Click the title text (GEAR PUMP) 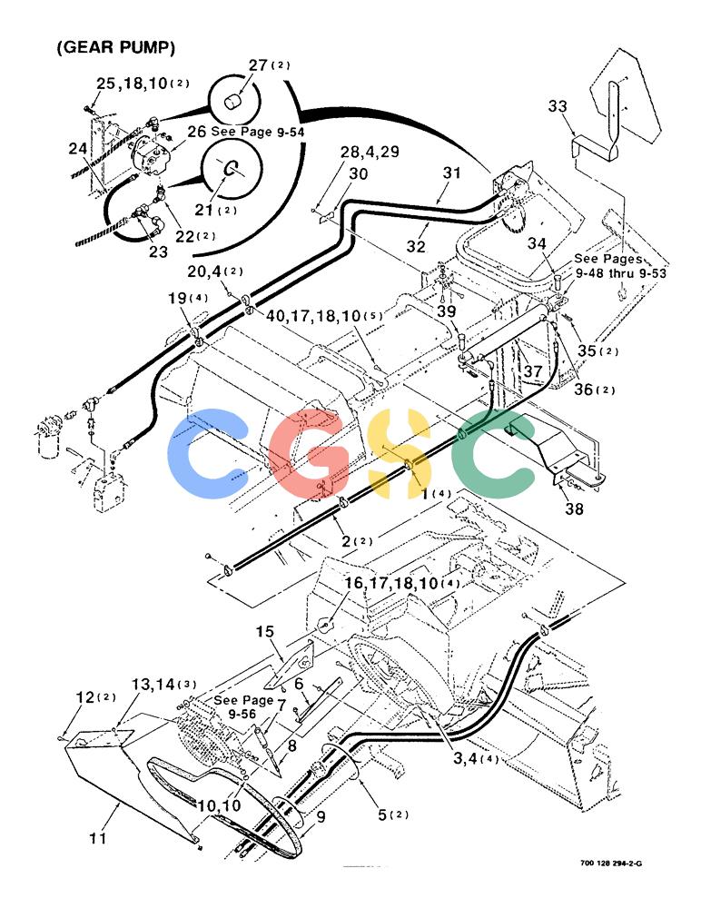[x=116, y=47]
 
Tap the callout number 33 [x=558, y=106]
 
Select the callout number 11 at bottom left [x=98, y=837]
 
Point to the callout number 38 [x=574, y=509]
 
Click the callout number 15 [x=265, y=631]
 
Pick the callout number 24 [x=77, y=149]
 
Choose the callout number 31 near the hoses [x=452, y=172]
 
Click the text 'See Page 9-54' [x=257, y=132]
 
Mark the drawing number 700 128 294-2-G [x=610, y=864]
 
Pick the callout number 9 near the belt [x=321, y=816]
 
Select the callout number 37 [x=533, y=370]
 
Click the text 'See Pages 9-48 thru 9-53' [x=620, y=266]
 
